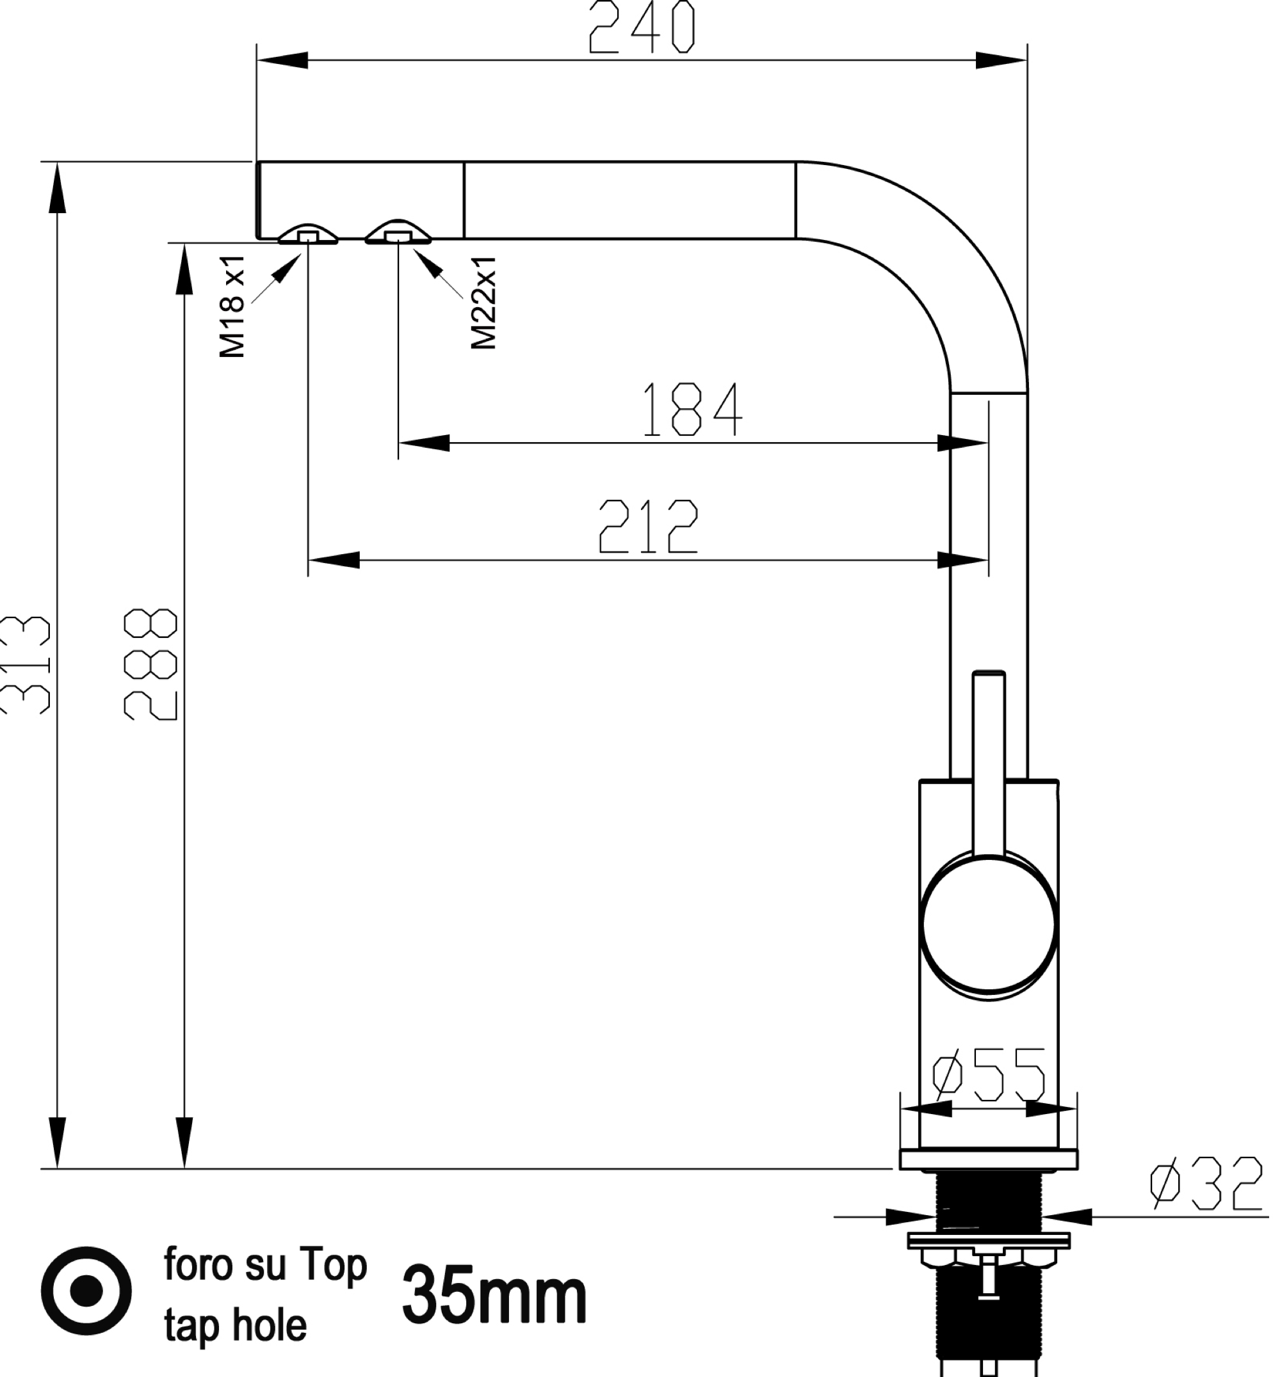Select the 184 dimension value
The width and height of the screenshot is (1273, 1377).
(692, 410)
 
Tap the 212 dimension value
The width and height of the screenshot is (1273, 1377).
(648, 527)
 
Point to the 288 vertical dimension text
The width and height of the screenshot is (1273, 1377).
(150, 664)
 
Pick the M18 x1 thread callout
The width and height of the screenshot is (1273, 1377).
(232, 306)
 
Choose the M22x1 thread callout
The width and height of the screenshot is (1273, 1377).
(483, 303)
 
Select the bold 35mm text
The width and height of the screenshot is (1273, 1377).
(494, 1296)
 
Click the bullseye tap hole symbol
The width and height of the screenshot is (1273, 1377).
(86, 1289)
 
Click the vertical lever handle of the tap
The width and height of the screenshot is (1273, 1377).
(989, 758)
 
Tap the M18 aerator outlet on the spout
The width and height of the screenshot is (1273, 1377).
(308, 235)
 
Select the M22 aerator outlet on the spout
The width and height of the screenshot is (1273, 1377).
(398, 234)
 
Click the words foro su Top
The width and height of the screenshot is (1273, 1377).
(265, 1266)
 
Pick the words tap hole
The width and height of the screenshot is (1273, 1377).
(235, 1325)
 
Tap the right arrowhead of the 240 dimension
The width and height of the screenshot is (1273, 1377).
(1001, 61)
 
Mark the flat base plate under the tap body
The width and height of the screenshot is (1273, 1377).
(989, 1160)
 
